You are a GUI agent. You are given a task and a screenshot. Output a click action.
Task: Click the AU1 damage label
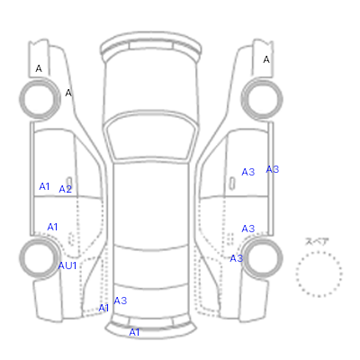pos(67,265)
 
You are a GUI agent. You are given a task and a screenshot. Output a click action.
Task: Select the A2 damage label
pos(66,189)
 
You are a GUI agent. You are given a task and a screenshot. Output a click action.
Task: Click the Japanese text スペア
pos(317,241)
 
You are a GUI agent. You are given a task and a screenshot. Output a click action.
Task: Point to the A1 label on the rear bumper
pos(134,332)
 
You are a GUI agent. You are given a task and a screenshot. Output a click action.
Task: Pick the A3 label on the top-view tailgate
pos(121,301)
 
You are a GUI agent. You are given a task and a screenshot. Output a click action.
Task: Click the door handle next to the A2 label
pos(69,183)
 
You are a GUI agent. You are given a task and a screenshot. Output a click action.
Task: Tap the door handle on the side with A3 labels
pos(231,184)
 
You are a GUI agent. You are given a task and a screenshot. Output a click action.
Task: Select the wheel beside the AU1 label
pos(40,257)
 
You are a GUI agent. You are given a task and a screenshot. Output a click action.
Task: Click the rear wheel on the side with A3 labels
pos(262,257)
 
